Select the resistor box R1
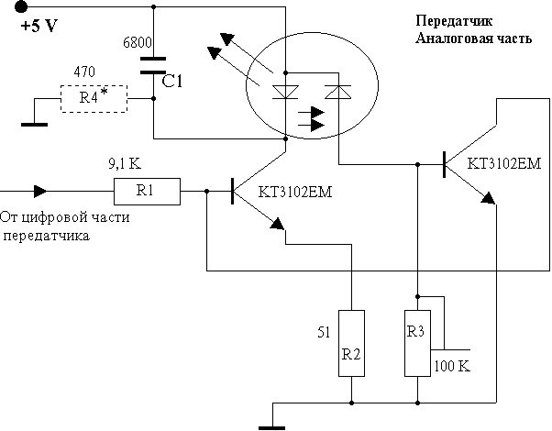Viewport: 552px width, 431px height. click(146, 192)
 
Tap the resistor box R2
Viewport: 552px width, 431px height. click(351, 343)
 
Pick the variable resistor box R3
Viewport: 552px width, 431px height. click(417, 343)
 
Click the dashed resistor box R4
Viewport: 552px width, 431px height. click(94, 97)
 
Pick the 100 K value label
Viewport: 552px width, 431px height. click(453, 365)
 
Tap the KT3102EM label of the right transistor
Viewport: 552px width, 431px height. click(504, 166)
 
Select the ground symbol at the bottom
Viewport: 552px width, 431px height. click(272, 424)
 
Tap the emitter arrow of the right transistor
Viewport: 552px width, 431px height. click(487, 197)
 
